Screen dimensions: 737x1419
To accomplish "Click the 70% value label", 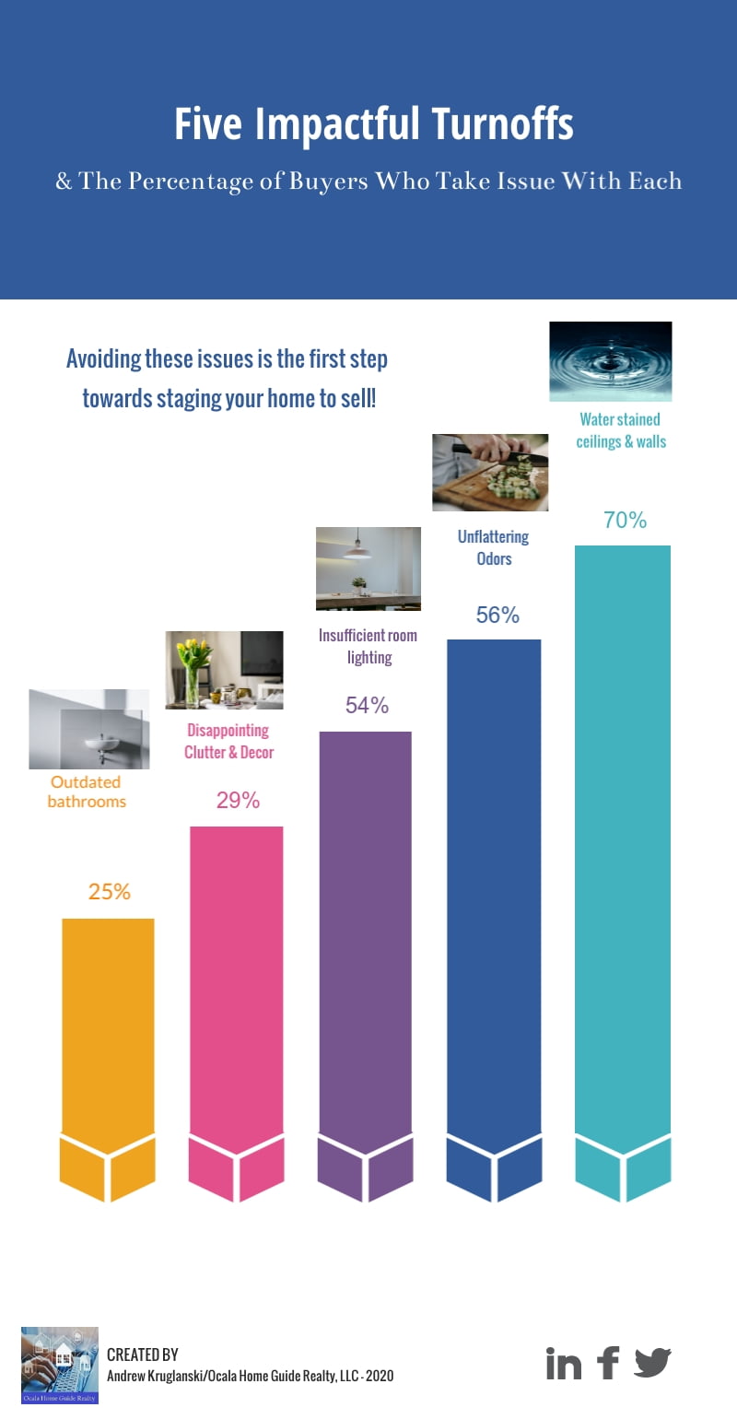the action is pos(625,520).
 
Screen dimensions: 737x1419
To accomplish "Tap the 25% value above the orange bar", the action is pos(110,892).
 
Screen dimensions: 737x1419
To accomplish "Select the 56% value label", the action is pos(497,616).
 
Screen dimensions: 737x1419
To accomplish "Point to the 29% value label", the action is pos(238,801).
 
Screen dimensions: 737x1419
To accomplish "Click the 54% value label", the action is pos(368,706).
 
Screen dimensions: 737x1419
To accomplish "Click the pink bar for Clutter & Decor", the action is pos(236,1014).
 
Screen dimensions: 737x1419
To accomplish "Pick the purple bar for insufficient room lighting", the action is pos(366,966).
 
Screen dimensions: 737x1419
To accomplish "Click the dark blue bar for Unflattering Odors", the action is pos(494,920).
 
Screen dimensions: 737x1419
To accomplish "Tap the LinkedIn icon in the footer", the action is pos(564,1364).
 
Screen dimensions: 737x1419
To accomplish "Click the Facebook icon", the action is pos(608,1363).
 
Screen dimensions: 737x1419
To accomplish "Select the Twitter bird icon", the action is pos(652,1364).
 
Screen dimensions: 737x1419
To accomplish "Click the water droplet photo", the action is pos(611,361).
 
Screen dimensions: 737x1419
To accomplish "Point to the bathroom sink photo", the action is pos(89,729).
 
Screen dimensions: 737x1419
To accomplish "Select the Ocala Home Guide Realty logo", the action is pos(60,1366).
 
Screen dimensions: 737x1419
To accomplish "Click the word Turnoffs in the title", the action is pos(502,123).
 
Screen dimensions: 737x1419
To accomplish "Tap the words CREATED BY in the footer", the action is pos(143,1354).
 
